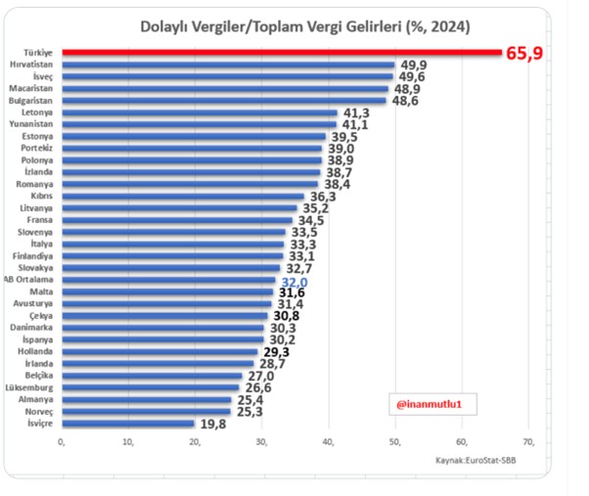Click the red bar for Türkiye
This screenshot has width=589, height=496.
[282, 53]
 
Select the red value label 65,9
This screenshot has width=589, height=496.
[524, 53]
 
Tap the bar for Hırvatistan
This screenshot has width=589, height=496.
[228, 65]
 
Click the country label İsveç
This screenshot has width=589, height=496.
[43, 76]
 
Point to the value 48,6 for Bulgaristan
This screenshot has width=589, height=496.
[405, 101]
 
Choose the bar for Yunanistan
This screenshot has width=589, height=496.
[200, 124]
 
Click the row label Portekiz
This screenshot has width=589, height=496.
[36, 148]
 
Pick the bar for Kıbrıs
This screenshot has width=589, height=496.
[183, 196]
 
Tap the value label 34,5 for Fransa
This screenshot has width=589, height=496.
[311, 220]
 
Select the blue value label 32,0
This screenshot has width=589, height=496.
[294, 283]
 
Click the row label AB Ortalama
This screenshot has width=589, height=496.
[28, 280]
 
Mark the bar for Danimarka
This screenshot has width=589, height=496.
[163, 328]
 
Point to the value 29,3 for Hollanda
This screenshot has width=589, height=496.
[277, 352]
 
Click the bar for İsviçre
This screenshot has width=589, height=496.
[128, 424]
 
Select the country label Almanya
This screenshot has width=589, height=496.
[35, 399]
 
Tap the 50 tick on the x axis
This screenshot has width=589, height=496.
[395, 442]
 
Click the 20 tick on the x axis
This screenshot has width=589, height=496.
[195, 442]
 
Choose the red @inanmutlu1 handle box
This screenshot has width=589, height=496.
[432, 404]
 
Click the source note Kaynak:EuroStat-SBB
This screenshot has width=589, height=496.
[476, 461]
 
